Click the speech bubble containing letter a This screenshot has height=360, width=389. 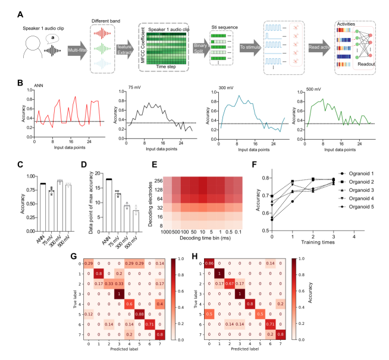pos(37,36)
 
